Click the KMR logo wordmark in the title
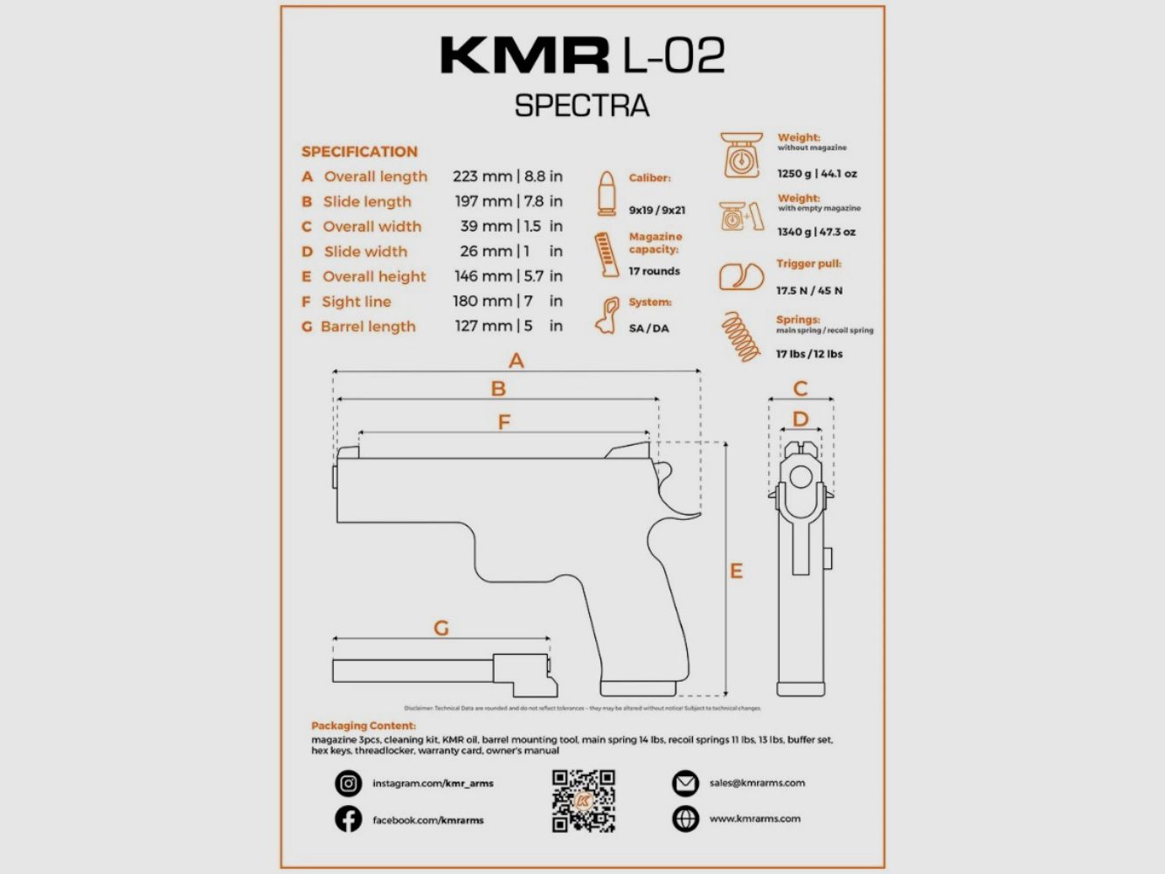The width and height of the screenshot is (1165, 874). tap(524, 55)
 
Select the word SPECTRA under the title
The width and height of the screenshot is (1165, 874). tap(582, 106)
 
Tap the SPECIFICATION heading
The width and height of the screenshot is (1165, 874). tap(359, 151)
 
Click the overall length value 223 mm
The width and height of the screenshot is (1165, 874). tap(482, 177)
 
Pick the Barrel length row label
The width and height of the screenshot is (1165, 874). tap(368, 327)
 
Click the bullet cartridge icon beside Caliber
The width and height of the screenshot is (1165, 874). tap(606, 193)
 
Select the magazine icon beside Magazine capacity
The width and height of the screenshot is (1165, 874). tap(605, 254)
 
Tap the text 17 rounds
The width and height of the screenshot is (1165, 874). tap(654, 272)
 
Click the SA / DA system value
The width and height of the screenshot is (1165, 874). tap(648, 329)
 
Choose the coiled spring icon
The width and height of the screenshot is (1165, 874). tap(740, 336)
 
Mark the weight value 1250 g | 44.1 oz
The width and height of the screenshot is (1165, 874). tap(817, 174)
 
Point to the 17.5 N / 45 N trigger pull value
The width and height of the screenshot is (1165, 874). tap(809, 291)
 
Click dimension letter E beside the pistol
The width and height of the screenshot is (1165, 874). tap(736, 572)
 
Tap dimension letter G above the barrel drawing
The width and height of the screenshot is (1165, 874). tap(441, 628)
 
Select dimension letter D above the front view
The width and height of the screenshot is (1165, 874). tap(801, 420)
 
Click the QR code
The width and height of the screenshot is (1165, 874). tap(584, 801)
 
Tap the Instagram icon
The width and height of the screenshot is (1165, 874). tap(348, 783)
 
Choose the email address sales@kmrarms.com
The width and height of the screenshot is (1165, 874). tap(757, 783)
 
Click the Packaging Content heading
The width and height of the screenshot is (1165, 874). tap(364, 725)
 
